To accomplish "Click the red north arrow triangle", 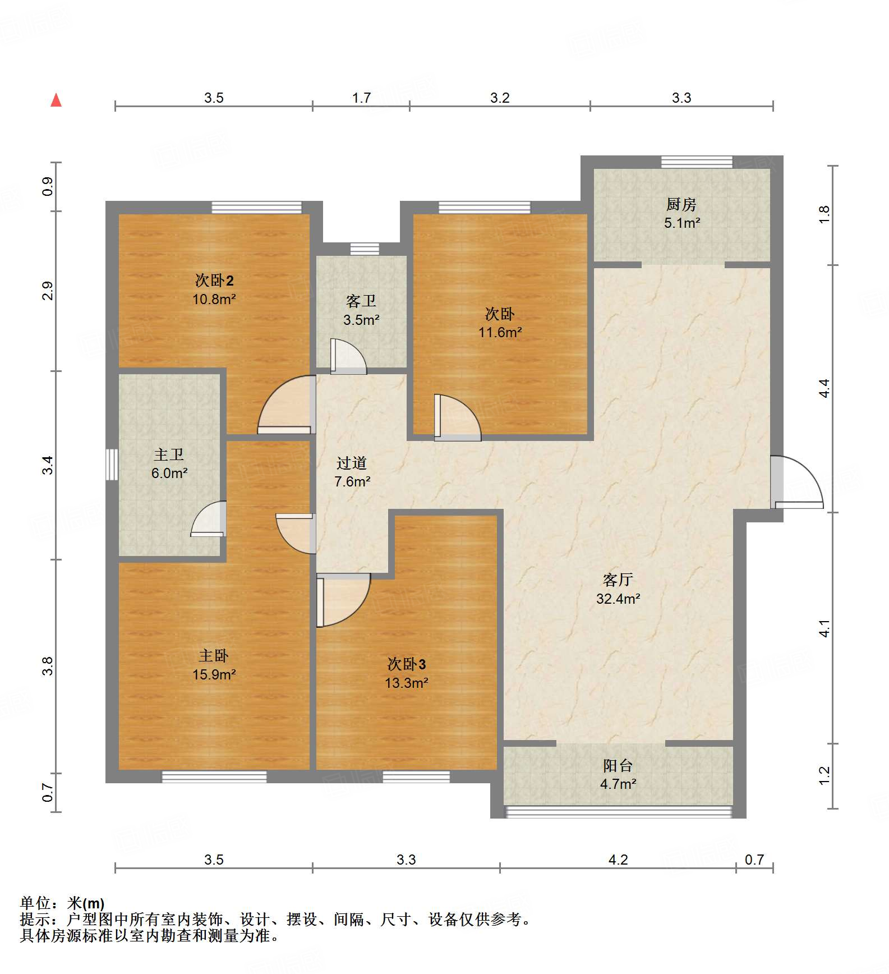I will point(56,100).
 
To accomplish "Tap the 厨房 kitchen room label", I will point(681,205).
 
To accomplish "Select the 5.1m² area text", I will point(682,223).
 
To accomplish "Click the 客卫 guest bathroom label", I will point(361,301).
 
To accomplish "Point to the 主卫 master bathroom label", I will point(169,454).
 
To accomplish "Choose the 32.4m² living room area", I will point(618,599).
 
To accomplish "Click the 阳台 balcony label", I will point(618,765).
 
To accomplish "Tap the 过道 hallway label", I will point(352,463).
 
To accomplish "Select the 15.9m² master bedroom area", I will point(214,674).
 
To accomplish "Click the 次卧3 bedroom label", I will point(406,664).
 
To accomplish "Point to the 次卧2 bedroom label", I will point(214,280).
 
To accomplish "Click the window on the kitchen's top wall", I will point(697,162).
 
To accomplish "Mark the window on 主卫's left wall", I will point(112,465).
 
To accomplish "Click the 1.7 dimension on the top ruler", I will point(361,98).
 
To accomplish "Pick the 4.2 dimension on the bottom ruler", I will point(618,860).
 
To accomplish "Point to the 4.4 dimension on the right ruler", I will point(824,388).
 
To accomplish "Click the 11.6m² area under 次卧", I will point(500,332).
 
